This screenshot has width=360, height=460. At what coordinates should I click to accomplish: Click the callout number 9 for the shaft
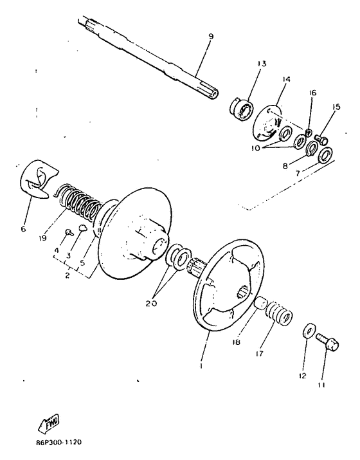tap(192, 36)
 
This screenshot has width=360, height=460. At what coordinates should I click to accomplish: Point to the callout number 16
tap(313, 93)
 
